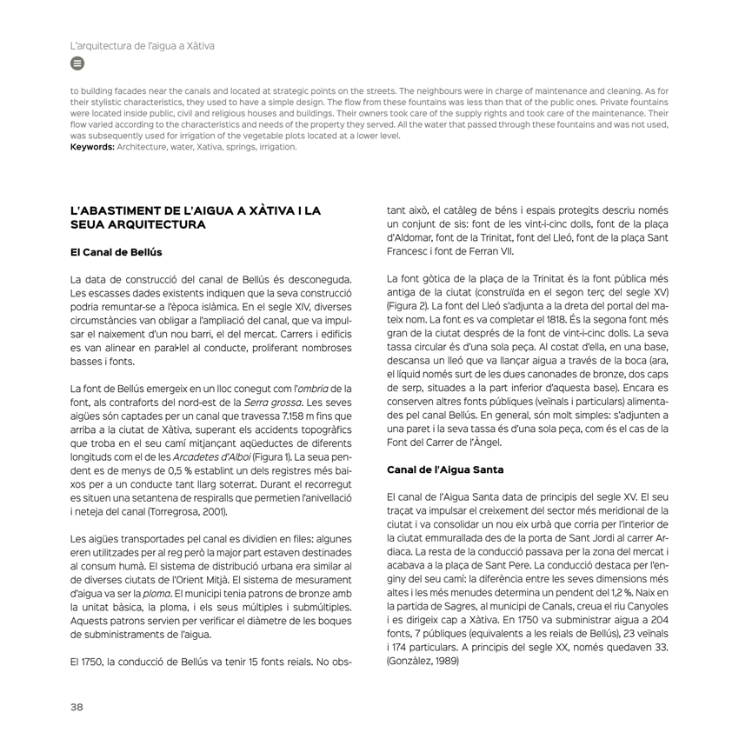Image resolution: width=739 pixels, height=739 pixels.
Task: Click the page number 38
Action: click(x=77, y=707)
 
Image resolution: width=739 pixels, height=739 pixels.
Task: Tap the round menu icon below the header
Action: click(x=77, y=63)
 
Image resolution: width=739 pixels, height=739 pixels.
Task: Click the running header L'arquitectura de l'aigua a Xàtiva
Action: click(x=143, y=45)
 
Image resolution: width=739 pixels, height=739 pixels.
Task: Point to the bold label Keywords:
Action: click(x=92, y=147)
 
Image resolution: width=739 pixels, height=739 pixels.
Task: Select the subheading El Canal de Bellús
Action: click(x=116, y=253)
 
